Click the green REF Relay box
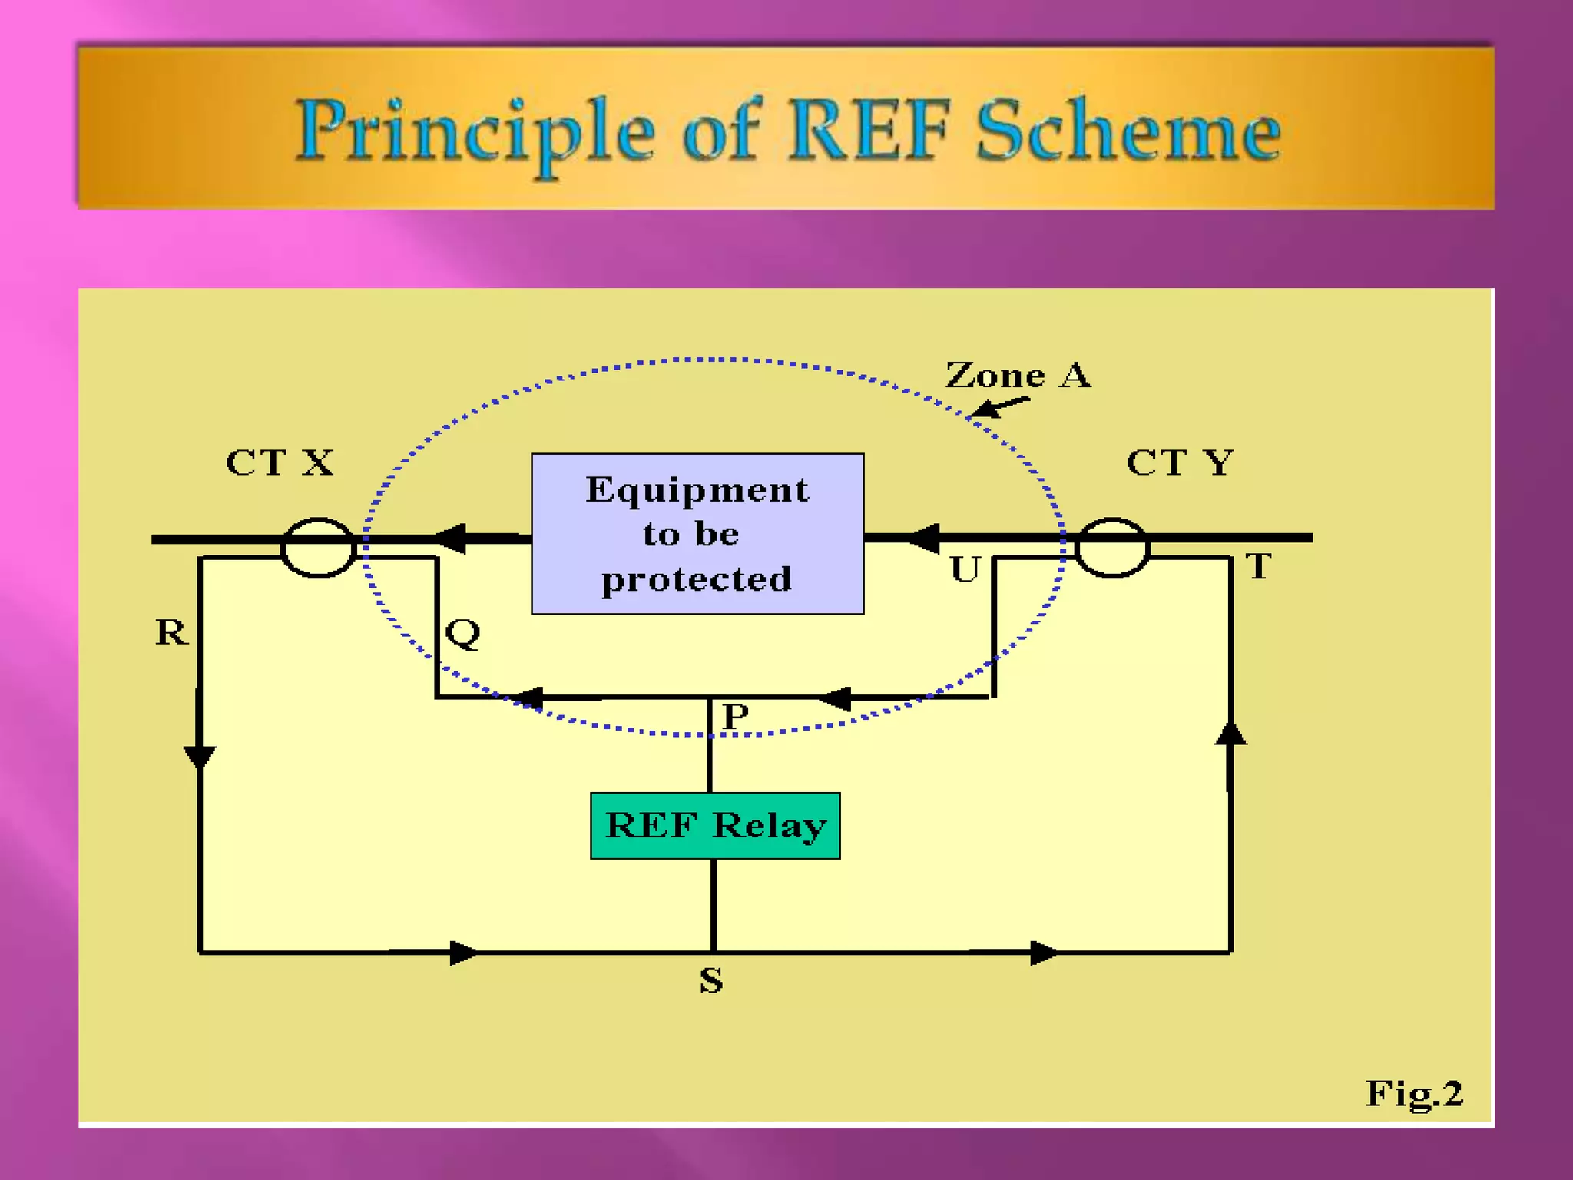pos(714,825)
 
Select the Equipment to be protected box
pos(697,533)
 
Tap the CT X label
pos(280,462)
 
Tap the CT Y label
pos(1179,462)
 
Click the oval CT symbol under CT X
pos(318,547)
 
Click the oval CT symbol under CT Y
pos(1111,547)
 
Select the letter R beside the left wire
pos(171,632)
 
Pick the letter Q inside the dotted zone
pos(463,633)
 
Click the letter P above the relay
pos(735,716)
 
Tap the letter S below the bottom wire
pos(711,980)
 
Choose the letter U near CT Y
pos(965,569)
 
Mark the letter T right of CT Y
pos(1258,566)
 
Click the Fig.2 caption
pos(1413,1093)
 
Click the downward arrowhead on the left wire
pos(200,757)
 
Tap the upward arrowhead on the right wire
pos(1230,734)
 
